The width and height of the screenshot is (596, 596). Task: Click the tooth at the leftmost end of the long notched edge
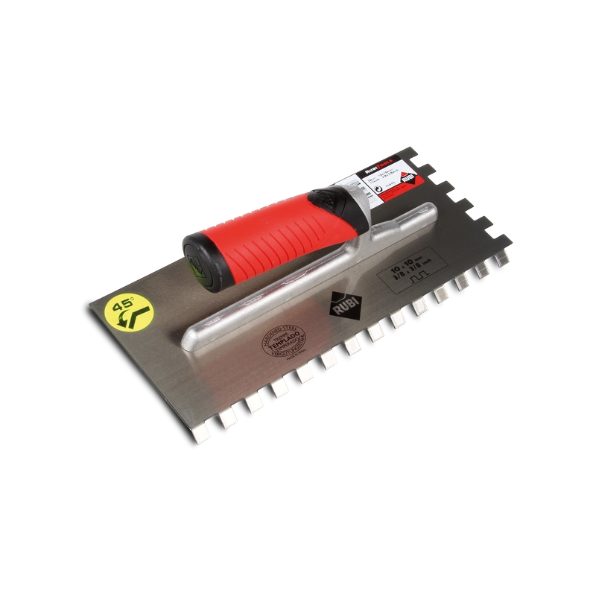(202, 434)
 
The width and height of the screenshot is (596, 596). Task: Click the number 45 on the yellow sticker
(121, 304)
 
